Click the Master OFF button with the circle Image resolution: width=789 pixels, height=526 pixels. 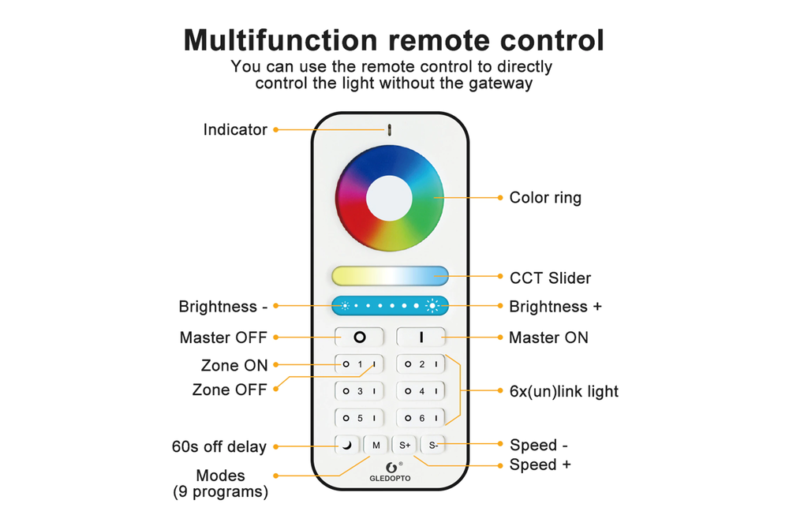point(359,337)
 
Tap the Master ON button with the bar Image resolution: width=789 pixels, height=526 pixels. point(421,337)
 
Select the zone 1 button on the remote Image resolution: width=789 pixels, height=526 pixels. point(359,364)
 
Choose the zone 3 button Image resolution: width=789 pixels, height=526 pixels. point(359,391)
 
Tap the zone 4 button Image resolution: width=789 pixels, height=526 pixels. point(421,391)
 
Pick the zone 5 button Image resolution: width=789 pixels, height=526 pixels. point(359,418)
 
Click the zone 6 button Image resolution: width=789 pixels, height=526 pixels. point(421,418)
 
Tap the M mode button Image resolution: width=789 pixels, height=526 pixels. point(376,445)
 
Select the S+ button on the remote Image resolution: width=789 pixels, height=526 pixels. point(404,445)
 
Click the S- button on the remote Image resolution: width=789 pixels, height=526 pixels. point(432,445)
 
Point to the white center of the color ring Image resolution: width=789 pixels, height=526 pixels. point(390,197)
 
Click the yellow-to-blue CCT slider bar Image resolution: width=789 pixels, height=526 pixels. point(390,275)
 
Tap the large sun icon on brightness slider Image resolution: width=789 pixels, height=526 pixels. point(432,305)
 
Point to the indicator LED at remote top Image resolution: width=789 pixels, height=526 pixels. point(390,129)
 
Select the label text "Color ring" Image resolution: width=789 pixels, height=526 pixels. point(545,198)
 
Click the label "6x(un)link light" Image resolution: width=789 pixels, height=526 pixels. point(564,391)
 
